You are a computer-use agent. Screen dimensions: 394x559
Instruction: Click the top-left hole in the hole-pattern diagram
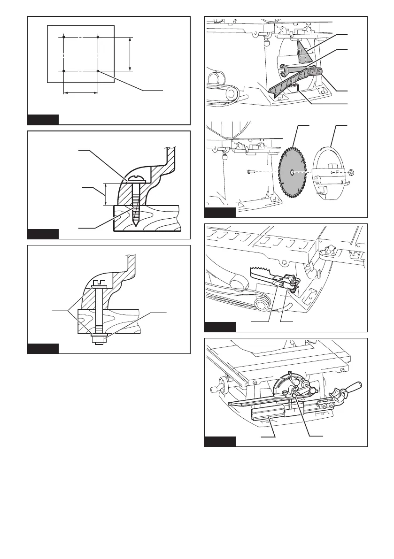click(63, 36)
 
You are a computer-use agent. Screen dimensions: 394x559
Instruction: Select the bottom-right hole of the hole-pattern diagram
click(98, 71)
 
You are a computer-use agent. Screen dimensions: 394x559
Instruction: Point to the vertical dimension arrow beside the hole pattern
click(130, 54)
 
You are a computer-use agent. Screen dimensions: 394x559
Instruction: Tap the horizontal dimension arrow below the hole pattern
click(80, 93)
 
